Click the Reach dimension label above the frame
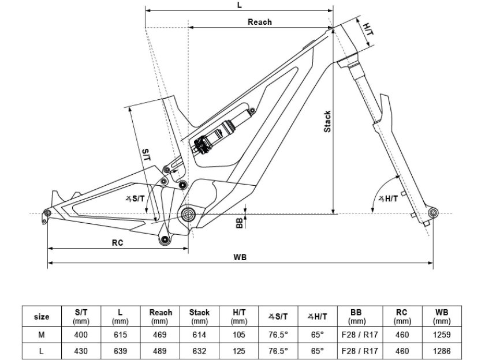(x=259, y=22)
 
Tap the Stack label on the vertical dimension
(x=327, y=121)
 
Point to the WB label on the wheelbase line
(x=240, y=257)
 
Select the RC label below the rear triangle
(x=118, y=242)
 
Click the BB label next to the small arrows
(x=240, y=223)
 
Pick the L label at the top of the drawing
(x=240, y=5)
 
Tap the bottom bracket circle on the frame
(x=188, y=213)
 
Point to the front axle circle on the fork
(x=432, y=212)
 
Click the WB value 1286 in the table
(x=442, y=351)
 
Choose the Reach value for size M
(x=159, y=335)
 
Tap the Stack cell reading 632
(x=199, y=351)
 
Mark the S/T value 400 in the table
(x=81, y=335)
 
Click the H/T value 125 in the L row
(x=239, y=351)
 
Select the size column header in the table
(x=42, y=317)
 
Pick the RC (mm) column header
(x=402, y=316)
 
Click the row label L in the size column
(x=42, y=351)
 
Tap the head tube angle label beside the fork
(x=388, y=198)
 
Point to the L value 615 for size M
(x=120, y=335)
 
